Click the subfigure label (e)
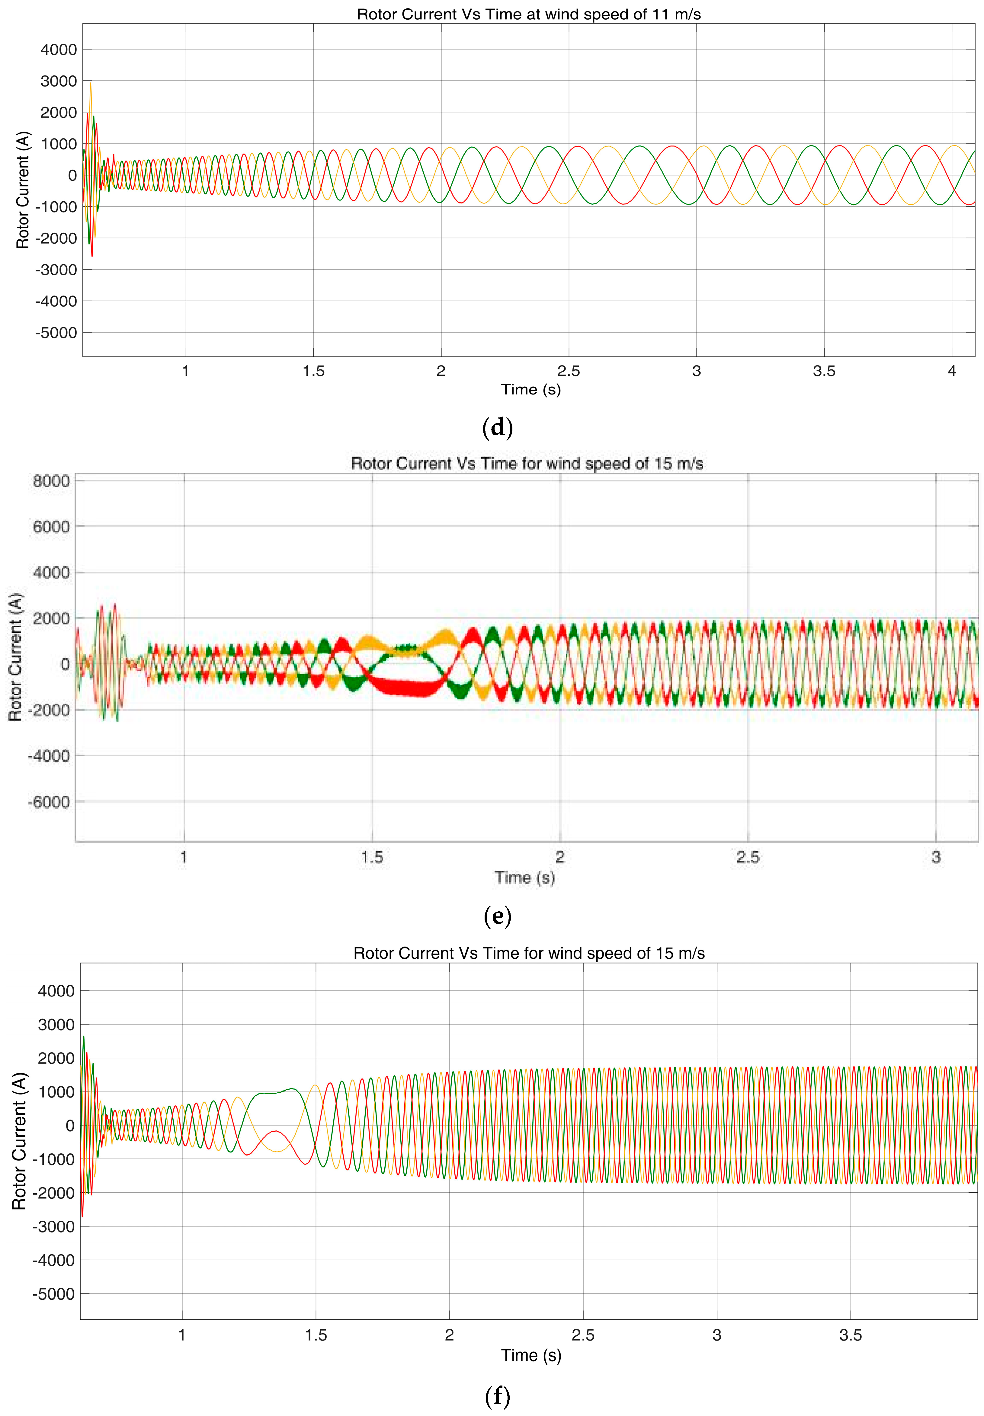[498, 916]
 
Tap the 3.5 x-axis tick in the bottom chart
[850, 1335]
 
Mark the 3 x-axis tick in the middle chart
[936, 857]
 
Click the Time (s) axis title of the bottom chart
[531, 1355]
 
